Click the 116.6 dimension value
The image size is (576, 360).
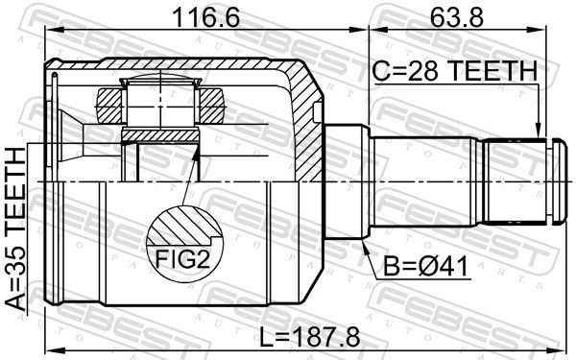point(205,17)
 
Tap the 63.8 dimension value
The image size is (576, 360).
point(457,17)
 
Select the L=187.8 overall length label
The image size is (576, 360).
point(310,338)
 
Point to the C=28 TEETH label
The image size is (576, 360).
point(455,71)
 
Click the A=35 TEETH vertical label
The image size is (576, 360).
point(16,228)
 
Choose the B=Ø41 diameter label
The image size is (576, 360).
point(426,266)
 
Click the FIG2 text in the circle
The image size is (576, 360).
point(182,258)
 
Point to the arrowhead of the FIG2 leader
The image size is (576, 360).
point(197,153)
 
